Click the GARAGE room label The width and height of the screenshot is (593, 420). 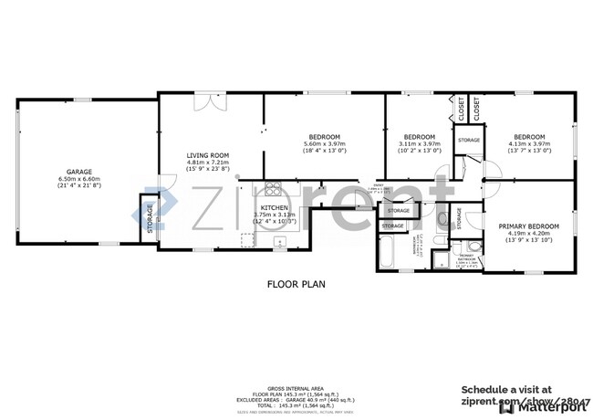point(78,172)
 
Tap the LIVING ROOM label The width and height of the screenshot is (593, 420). point(208,155)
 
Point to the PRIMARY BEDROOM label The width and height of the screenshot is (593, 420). point(528,226)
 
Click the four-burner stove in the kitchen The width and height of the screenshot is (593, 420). point(271,190)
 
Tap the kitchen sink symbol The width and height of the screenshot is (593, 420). point(282,242)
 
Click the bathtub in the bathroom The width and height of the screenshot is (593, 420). point(386,253)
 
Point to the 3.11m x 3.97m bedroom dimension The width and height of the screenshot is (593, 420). point(420,143)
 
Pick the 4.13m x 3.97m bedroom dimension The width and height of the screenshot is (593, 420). point(528,143)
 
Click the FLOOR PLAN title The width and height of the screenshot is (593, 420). point(296,284)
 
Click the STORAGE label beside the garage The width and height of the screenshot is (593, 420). point(150,216)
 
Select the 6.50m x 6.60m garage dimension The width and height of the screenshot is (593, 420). point(78,179)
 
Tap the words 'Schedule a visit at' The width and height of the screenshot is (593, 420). point(505,388)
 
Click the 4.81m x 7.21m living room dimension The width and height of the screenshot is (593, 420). point(208,163)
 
